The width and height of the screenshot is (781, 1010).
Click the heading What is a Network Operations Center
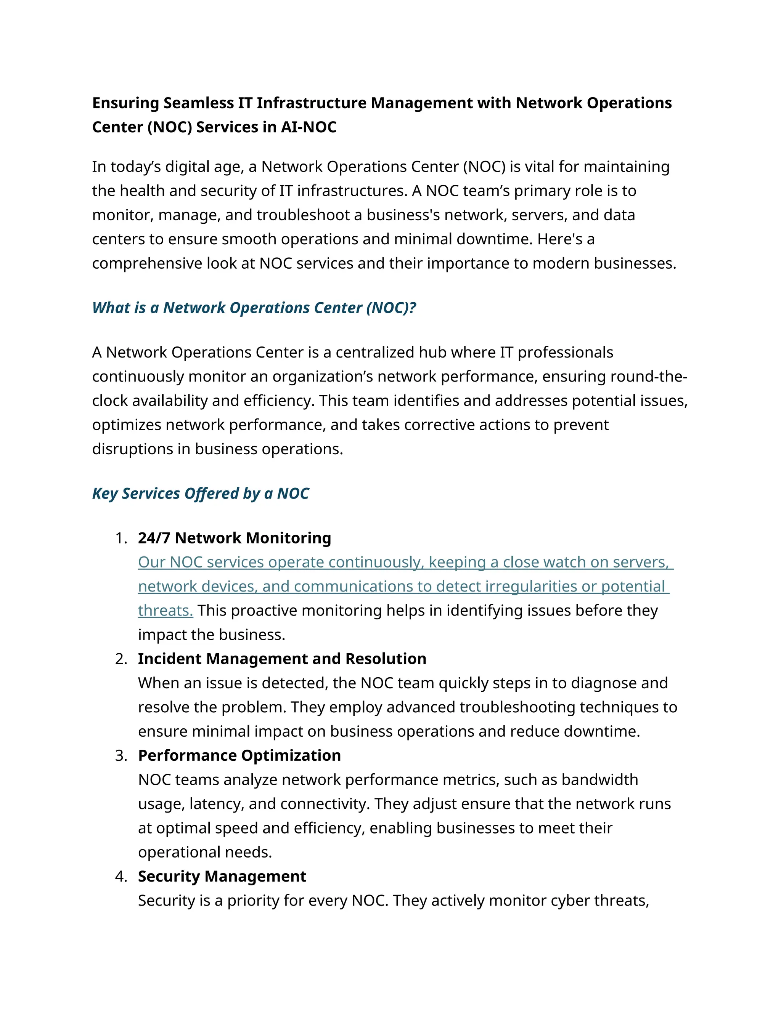(254, 308)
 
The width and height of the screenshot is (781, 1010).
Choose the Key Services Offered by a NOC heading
(200, 494)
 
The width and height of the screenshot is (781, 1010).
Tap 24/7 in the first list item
(154, 538)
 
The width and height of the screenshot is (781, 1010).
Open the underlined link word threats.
(165, 611)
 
